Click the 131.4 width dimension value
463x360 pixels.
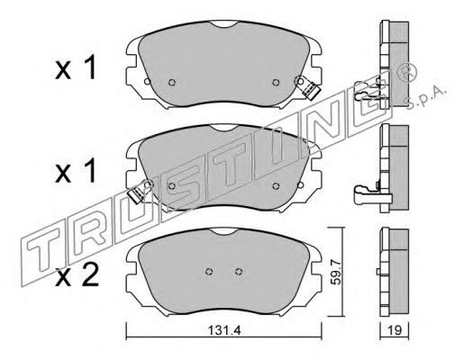click(224, 331)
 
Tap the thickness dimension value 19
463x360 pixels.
click(395, 331)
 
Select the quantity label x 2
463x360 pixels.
click(77, 276)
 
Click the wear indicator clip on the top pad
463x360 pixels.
click(307, 87)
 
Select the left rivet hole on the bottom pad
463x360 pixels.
click(209, 272)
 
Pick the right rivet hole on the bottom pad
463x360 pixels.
click(239, 272)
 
